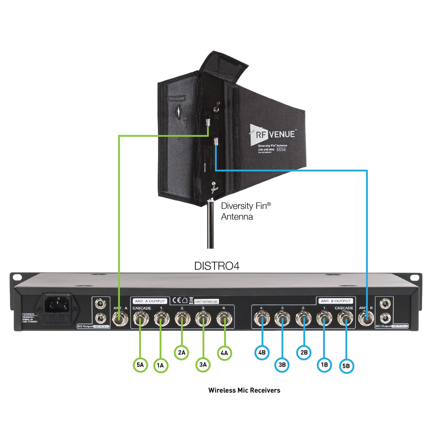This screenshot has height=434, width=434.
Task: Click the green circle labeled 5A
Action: [x=140, y=365]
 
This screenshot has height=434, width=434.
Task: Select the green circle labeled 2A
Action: [x=182, y=353]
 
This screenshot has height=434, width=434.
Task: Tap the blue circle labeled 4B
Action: [x=262, y=353]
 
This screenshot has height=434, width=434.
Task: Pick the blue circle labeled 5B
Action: [x=346, y=366]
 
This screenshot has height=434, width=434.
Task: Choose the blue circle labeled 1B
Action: [x=324, y=365]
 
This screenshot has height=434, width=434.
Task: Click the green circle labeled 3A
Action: [x=203, y=364]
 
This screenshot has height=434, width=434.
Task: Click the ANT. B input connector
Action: [x=366, y=318]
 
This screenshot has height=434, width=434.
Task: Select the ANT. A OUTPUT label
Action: [x=150, y=301]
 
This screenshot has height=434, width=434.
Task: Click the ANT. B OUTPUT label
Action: [x=336, y=301]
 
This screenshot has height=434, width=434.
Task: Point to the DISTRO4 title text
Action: [x=217, y=266]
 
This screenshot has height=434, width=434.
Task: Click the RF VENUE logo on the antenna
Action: [x=273, y=134]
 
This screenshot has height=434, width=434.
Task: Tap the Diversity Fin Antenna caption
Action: [x=245, y=211]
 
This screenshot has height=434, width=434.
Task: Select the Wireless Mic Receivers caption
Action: [x=244, y=390]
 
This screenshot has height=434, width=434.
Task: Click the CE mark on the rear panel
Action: [x=176, y=300]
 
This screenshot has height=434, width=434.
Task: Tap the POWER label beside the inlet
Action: [x=28, y=314]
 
